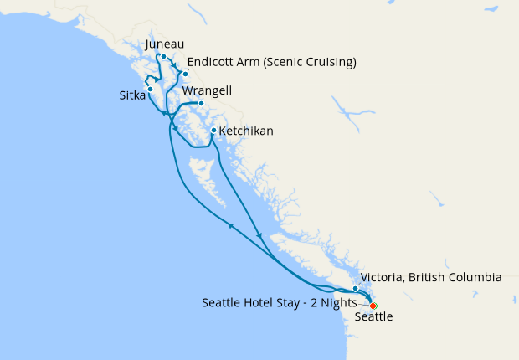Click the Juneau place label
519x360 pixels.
[164, 44]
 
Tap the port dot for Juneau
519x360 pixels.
[164, 57]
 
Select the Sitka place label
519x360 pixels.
[132, 96]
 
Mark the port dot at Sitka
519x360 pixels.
[150, 88]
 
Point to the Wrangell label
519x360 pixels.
[207, 90]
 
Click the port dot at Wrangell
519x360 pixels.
[201, 104]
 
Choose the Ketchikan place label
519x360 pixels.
[247, 131]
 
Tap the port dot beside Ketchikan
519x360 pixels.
[213, 131]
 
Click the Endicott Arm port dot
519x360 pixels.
[186, 74]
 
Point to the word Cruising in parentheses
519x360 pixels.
[328, 63]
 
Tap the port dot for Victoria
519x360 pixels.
[356, 289]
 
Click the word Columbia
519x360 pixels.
[474, 277]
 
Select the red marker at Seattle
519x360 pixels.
[373, 306]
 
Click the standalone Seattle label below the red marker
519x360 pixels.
[373, 318]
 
